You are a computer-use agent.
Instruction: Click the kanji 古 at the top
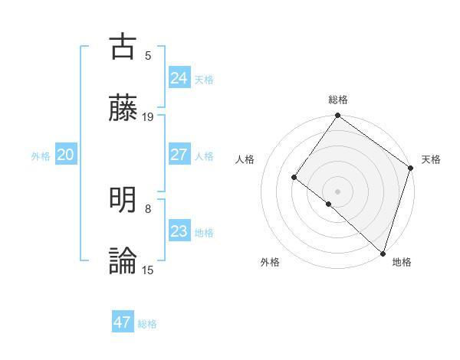[x=123, y=46]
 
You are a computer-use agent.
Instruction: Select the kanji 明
[x=123, y=200]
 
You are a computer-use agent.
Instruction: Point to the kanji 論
[x=123, y=261]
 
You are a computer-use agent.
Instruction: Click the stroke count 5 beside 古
[x=148, y=55]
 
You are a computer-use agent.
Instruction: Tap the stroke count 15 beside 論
[x=148, y=270]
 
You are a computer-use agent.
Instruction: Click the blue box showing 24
[x=179, y=78]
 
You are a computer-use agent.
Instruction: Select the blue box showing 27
[x=179, y=155]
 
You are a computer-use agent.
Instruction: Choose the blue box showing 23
[x=179, y=231]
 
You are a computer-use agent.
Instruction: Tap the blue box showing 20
[x=66, y=155]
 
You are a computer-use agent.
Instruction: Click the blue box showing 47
[x=123, y=322]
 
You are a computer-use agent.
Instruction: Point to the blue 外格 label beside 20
[x=41, y=156]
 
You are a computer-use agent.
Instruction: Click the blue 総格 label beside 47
[x=147, y=324]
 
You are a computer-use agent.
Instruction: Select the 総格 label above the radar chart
[x=338, y=100]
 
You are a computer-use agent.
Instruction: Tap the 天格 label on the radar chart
[x=431, y=159]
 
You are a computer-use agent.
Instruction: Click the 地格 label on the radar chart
[x=402, y=262]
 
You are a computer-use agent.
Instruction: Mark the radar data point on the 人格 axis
[x=294, y=178]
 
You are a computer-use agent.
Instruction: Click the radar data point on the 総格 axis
[x=338, y=116]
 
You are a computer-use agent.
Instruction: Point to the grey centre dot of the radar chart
[x=338, y=191]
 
